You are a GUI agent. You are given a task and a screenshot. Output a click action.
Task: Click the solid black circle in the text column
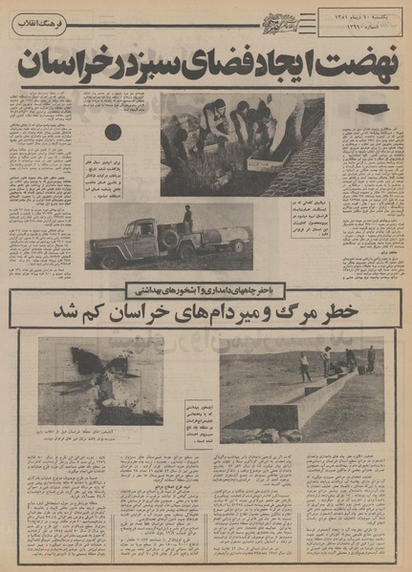tap(113, 132)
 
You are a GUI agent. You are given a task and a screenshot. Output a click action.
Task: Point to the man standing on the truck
tap(187, 218)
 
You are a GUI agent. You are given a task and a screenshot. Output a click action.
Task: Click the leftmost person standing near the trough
tap(305, 366)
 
